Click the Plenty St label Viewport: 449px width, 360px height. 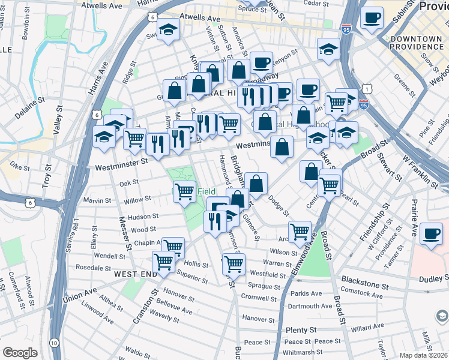[x=301, y=330]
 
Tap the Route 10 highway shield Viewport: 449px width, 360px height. [x=55, y=342]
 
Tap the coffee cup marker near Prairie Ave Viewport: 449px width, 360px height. [x=431, y=233]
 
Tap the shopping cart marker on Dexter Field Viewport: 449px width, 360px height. [x=185, y=191]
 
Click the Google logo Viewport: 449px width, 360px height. [x=20, y=353]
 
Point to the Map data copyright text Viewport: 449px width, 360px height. [x=422, y=355]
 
